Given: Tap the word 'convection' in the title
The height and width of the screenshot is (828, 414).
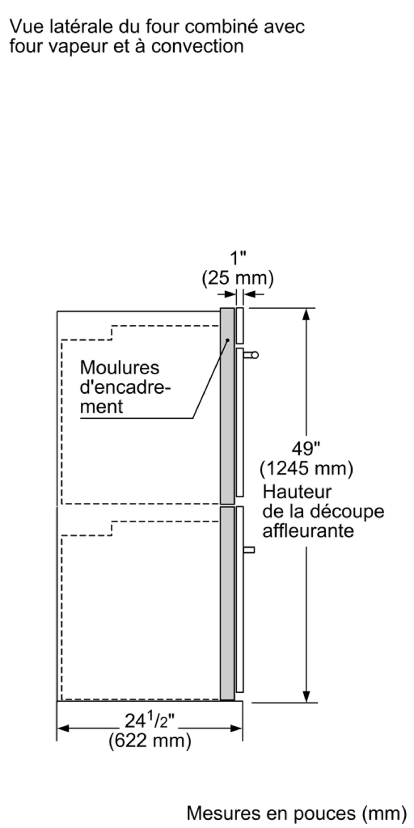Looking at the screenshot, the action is click(x=197, y=46).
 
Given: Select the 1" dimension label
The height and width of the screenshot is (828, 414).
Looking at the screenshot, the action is click(x=238, y=258).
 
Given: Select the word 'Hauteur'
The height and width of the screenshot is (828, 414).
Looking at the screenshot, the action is click(x=297, y=492).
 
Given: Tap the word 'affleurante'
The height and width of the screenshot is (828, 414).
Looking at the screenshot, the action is click(x=308, y=531).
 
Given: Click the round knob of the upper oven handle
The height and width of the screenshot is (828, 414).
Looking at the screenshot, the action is click(x=255, y=355).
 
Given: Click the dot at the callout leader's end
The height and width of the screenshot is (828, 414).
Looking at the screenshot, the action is click(x=227, y=340).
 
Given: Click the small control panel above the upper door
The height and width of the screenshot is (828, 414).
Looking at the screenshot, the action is click(x=240, y=326).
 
